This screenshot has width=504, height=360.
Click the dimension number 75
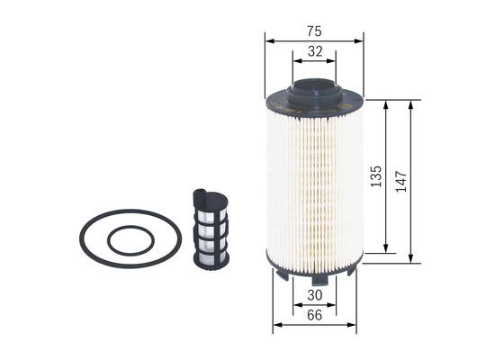click(x=313, y=31)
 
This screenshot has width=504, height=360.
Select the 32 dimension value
click(x=314, y=52)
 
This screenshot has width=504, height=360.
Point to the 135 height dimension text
click(x=376, y=175)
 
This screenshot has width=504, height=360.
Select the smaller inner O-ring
click(x=127, y=241)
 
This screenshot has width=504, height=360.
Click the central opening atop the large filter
click(x=315, y=87)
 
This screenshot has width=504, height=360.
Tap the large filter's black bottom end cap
click(x=314, y=267)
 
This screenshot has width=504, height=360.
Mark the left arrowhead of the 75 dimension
click(x=268, y=40)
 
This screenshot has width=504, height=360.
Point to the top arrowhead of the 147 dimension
click(x=410, y=102)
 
